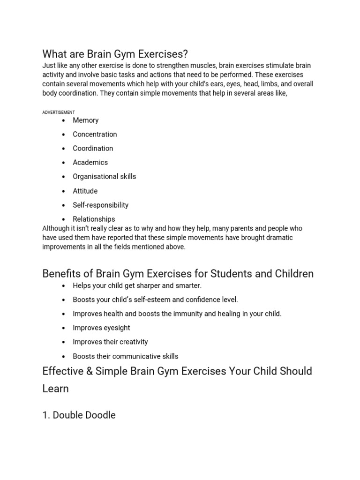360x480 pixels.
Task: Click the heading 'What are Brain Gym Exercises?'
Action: (x=115, y=53)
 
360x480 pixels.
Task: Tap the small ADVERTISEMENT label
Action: (x=59, y=112)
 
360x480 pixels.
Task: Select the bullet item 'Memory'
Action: (x=85, y=120)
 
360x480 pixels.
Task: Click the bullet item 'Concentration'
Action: (x=95, y=135)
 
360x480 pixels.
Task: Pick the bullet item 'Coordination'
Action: (x=93, y=149)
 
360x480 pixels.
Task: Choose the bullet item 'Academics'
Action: (x=90, y=163)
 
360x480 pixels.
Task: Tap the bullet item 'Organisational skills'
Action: (x=104, y=177)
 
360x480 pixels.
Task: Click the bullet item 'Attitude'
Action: (x=85, y=191)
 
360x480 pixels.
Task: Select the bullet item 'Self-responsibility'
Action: (x=100, y=205)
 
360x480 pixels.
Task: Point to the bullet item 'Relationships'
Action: (x=94, y=219)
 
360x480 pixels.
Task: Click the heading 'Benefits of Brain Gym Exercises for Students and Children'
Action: (x=178, y=273)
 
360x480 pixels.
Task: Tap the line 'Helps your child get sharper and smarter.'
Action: (x=137, y=285)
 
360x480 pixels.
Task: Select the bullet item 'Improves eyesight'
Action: (x=101, y=328)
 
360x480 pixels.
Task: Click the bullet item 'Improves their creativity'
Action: (x=110, y=342)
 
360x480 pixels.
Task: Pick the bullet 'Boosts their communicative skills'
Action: (x=125, y=356)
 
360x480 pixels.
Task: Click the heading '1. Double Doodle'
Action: (x=79, y=415)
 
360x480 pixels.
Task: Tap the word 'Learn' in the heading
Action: (x=55, y=389)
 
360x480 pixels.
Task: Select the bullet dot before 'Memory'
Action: (x=63, y=121)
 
